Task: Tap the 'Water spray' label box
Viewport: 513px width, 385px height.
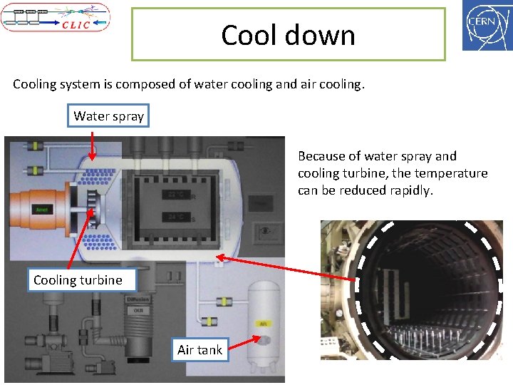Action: coord(108,115)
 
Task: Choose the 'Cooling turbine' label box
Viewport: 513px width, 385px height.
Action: coord(78,280)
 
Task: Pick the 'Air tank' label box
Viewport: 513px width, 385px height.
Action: coord(199,349)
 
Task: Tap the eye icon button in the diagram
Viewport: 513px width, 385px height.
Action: coord(266,230)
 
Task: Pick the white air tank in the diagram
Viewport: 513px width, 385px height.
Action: coord(263,320)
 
